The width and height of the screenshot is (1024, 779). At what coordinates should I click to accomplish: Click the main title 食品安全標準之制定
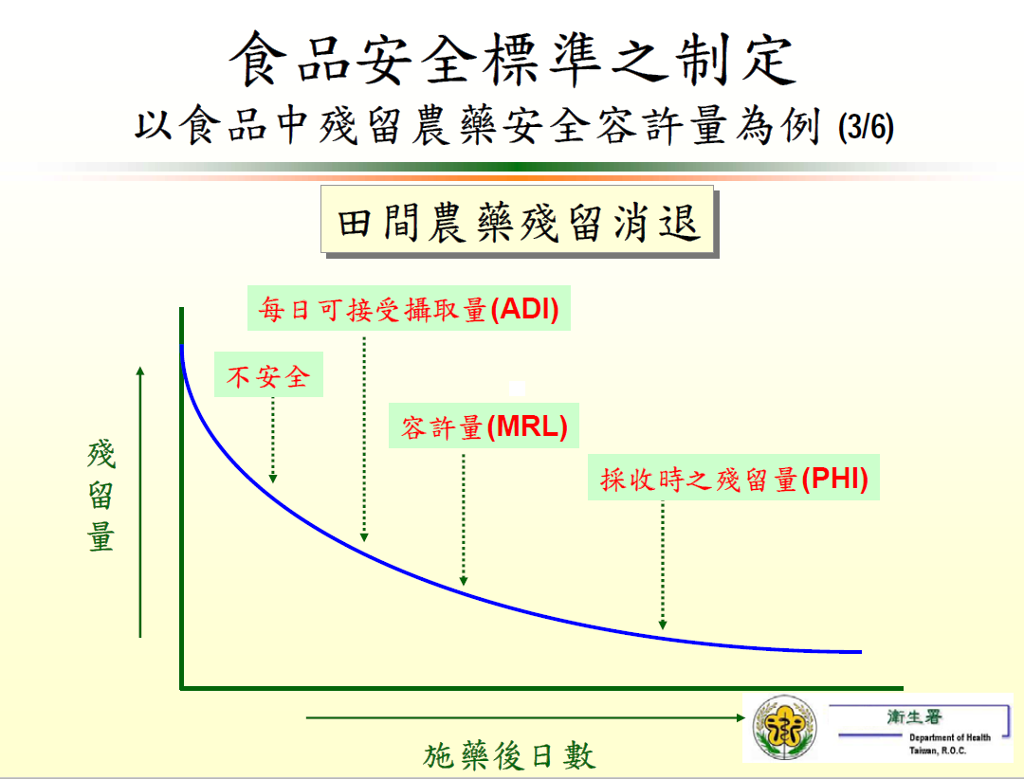(513, 60)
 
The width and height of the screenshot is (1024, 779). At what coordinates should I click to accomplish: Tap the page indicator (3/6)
(866, 127)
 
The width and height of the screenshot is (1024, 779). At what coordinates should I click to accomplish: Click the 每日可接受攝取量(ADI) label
(409, 308)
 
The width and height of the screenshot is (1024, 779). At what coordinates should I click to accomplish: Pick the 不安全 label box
(268, 374)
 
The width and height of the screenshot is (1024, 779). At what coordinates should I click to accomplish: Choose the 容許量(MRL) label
(484, 426)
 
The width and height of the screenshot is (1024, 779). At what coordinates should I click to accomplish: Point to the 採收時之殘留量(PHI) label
(733, 478)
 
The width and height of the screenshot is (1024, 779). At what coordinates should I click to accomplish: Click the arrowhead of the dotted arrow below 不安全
(273, 479)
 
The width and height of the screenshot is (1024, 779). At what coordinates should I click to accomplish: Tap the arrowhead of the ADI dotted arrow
(364, 537)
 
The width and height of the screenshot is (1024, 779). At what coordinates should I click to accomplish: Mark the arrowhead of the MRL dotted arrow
(464, 581)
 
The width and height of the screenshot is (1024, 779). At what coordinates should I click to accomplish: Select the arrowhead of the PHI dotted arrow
(663, 625)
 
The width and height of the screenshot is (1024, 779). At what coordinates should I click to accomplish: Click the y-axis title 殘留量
(101, 497)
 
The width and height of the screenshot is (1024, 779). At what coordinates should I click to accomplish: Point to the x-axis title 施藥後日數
(509, 756)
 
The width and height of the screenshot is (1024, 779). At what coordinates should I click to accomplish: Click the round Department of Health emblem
(784, 727)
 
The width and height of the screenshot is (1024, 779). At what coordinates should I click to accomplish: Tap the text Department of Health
(949, 737)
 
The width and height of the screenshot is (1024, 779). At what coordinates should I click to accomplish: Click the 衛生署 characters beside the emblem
(914, 717)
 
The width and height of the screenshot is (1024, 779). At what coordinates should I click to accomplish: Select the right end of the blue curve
(861, 652)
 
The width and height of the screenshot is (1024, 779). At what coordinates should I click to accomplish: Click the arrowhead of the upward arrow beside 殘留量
(139, 371)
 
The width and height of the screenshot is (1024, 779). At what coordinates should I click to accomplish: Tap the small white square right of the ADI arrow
(517, 389)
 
